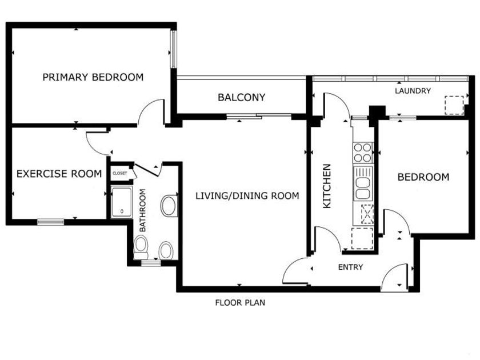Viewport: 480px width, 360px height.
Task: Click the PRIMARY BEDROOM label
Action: [93, 77]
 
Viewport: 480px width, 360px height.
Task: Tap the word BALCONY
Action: [242, 97]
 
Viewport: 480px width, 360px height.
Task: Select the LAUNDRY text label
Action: [413, 91]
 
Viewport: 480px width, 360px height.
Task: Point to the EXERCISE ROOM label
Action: [59, 174]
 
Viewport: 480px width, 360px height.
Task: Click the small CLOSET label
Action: [119, 173]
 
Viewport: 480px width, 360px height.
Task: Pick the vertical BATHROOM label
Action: [143, 210]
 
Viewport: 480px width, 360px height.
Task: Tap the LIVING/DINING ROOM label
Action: [247, 195]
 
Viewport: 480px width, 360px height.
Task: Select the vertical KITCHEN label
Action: [327, 186]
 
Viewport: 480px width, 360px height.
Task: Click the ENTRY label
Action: [350, 267]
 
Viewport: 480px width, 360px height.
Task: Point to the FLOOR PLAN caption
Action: [240, 303]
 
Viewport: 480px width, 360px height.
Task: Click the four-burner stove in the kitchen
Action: [363, 153]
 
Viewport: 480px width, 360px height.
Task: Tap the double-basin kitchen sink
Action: [363, 183]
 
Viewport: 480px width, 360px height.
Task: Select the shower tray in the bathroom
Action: [122, 202]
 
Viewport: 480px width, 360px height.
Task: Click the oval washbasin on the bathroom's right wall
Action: [169, 205]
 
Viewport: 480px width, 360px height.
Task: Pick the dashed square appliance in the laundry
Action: [454, 105]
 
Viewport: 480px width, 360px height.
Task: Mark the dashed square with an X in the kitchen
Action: [367, 214]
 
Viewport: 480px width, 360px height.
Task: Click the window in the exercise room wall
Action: [51, 222]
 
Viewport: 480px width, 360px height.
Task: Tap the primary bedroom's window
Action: [173, 49]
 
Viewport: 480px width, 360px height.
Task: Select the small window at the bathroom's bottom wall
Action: [151, 263]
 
